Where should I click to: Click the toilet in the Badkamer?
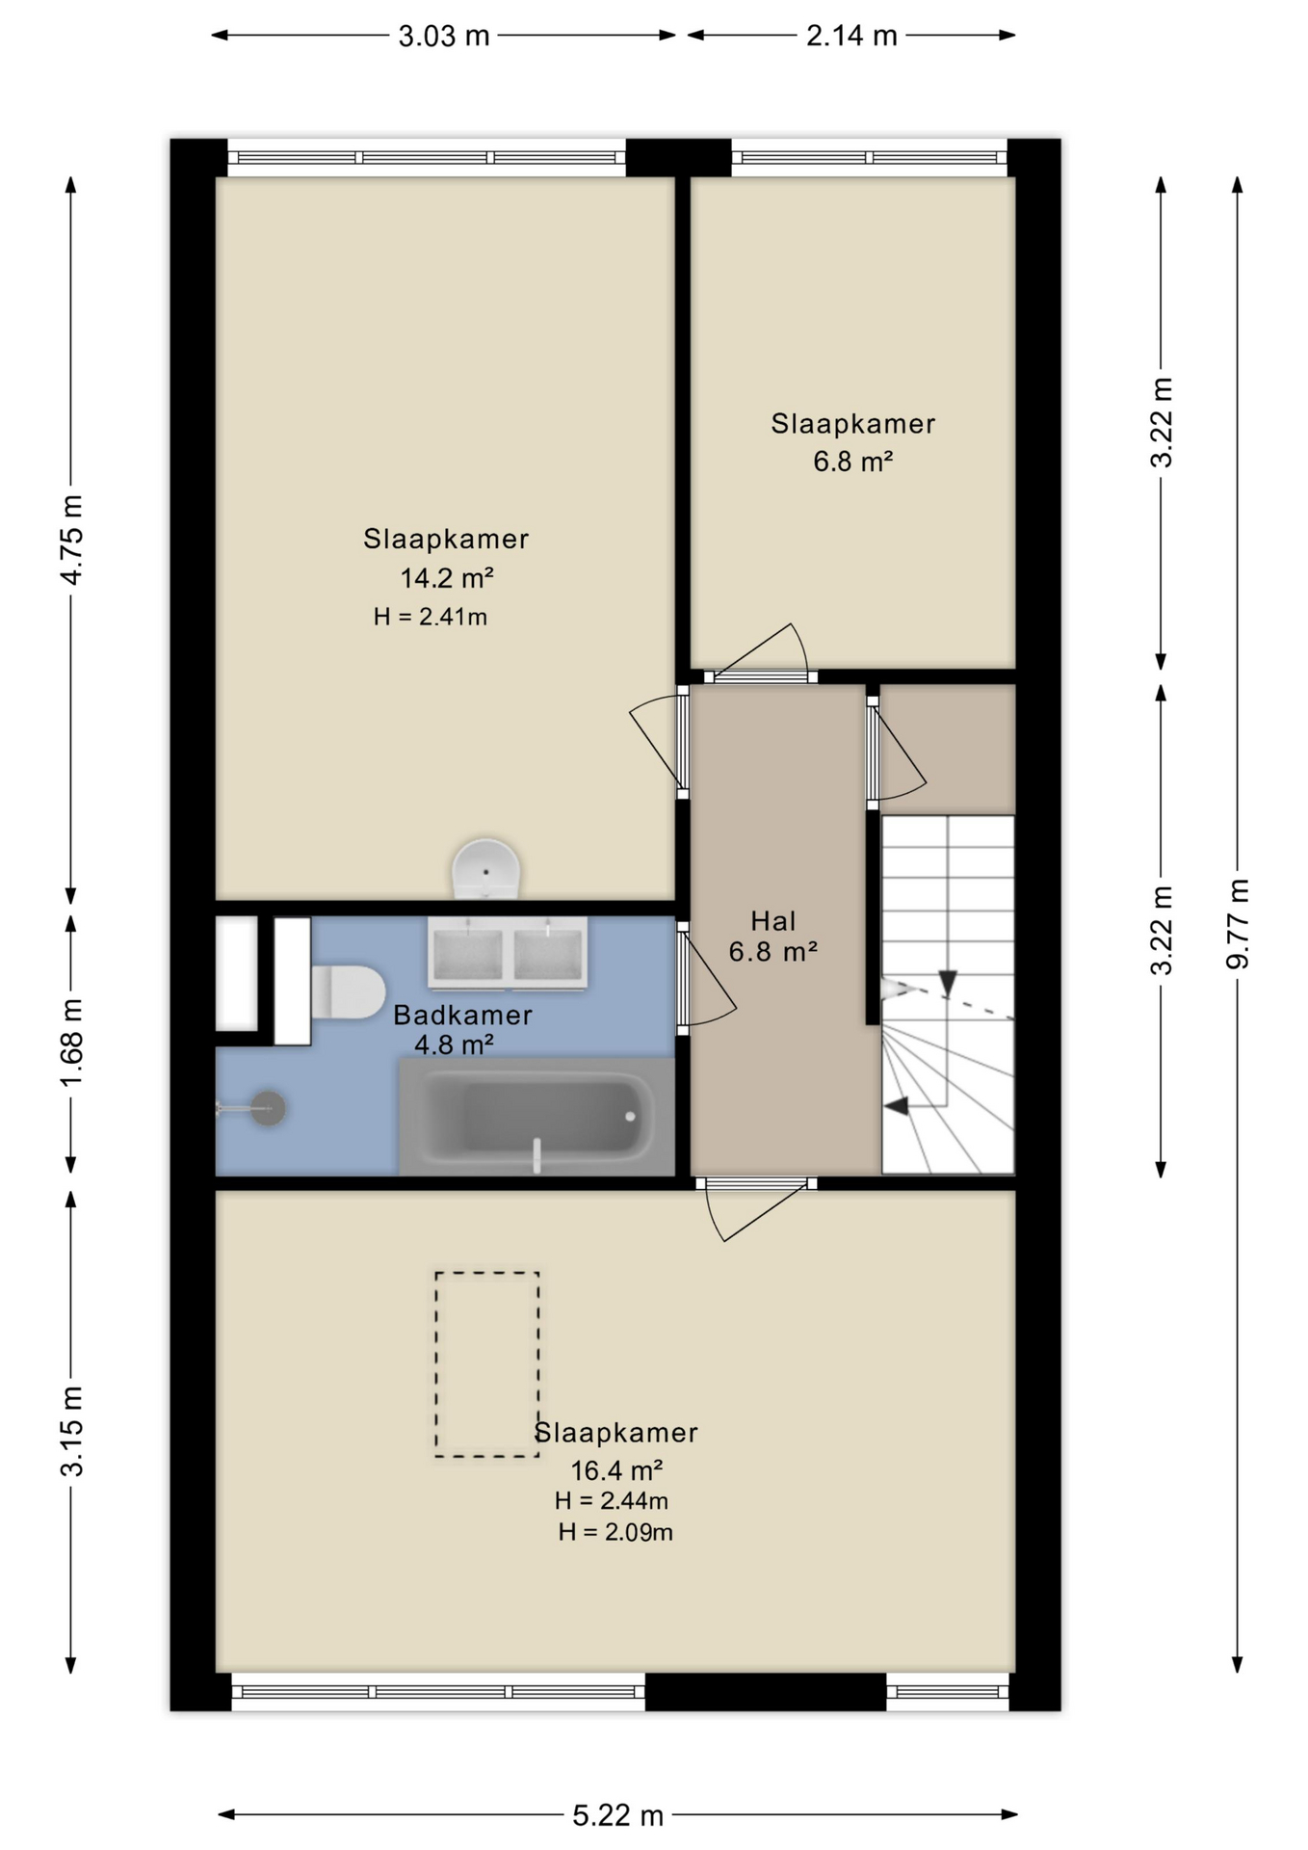[348, 992]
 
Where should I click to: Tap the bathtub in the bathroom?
[536, 1116]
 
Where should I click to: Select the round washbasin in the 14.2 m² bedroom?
[486, 868]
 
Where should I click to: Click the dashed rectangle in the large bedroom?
[486, 1364]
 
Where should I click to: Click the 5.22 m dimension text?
[618, 1816]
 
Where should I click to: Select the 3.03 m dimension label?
[444, 37]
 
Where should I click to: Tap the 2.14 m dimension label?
[851, 37]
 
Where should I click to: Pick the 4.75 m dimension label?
[71, 539]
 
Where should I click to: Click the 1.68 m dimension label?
[71, 1043]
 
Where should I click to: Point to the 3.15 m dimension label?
[71, 1431]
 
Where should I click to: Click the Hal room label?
[773, 921]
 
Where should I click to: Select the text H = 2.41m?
[431, 617]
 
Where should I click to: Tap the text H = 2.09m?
[615, 1532]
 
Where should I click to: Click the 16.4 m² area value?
[616, 1470]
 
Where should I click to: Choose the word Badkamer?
[462, 1015]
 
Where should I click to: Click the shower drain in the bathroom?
[268, 1108]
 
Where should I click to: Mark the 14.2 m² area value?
[447, 578]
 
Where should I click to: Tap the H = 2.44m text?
[612, 1500]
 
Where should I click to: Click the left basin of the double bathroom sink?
[468, 953]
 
